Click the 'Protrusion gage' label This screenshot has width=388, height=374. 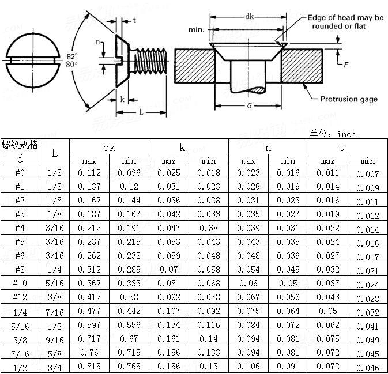coord(349,99)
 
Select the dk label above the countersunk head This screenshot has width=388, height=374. coord(249,17)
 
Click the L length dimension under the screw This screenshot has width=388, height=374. coord(141,111)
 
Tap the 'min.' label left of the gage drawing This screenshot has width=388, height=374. coord(197,29)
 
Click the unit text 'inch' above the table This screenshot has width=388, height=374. coord(346,134)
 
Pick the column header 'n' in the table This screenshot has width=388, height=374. coord(268,148)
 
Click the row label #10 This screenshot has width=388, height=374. coord(20,284)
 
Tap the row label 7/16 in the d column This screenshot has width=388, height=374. coord(20,352)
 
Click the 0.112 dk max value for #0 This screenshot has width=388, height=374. coord(89,173)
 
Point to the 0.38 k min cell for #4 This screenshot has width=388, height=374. coord(208,228)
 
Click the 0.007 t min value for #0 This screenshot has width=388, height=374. coord(367,174)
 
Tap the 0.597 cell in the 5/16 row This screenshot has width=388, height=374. coord(89,325)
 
